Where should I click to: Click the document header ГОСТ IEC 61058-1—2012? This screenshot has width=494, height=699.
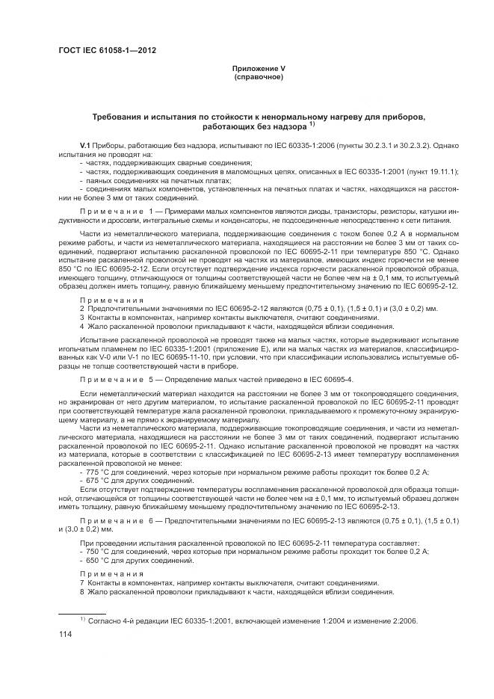111,51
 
